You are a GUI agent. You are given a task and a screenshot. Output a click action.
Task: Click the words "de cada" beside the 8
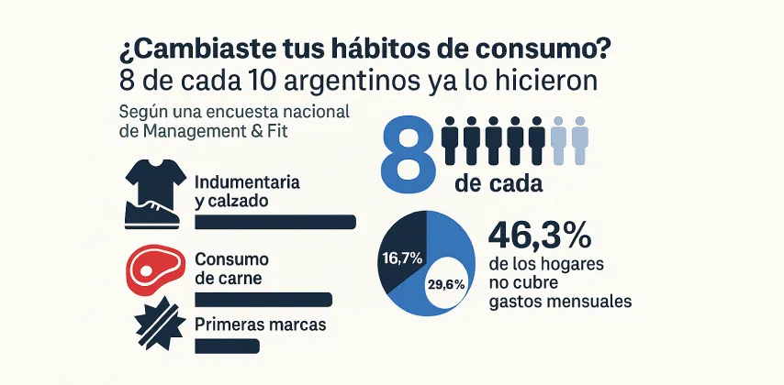[498, 183]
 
